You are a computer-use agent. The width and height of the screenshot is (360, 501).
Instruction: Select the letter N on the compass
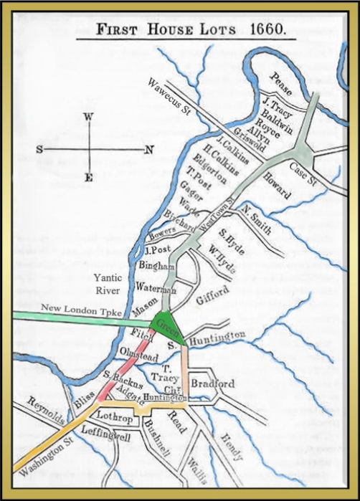[148, 150]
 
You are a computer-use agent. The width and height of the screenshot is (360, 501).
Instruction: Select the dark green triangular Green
[169, 325]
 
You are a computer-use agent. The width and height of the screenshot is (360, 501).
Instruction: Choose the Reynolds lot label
[46, 414]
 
